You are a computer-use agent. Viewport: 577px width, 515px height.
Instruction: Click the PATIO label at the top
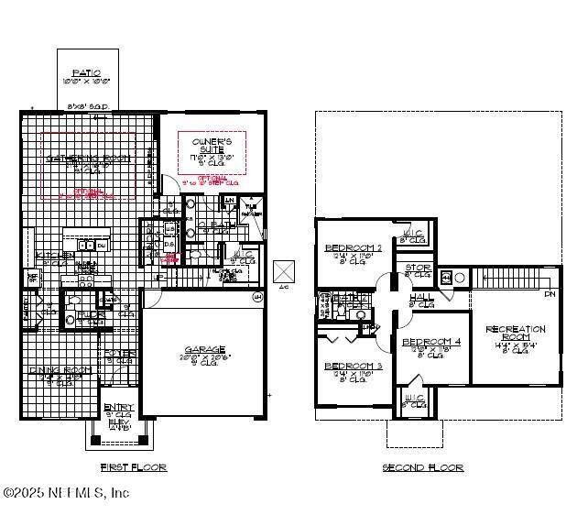[x=86, y=72]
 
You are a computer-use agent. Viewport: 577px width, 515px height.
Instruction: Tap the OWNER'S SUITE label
[x=206, y=143]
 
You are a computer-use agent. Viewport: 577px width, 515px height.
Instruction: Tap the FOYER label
[x=119, y=353]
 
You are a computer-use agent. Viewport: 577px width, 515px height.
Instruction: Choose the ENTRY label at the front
[x=118, y=407]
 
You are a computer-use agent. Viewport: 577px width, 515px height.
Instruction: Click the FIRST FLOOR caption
[x=133, y=467]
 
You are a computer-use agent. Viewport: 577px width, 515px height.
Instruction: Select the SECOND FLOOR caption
[x=423, y=467]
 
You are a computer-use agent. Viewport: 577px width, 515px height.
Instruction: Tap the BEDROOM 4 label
[x=430, y=343]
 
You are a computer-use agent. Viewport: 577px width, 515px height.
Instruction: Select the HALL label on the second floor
[x=421, y=298]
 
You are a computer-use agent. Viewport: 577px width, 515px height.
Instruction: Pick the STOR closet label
[x=418, y=268]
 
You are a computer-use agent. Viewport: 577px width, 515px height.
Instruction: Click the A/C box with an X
[x=285, y=272]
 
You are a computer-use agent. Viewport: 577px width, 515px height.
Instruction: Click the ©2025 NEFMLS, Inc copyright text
[x=66, y=493]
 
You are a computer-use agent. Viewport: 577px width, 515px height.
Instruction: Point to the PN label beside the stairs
[x=550, y=294]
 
